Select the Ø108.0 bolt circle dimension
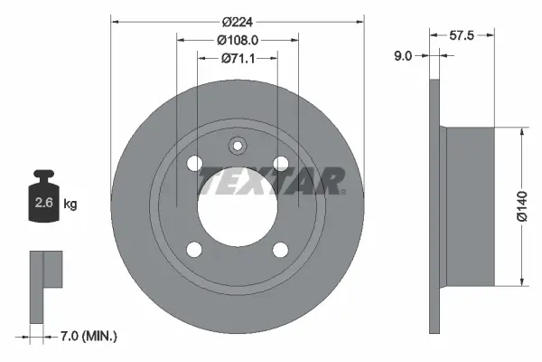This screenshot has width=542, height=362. [238, 41]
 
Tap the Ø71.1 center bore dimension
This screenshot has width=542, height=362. [237, 59]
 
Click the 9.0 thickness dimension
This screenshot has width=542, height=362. [403, 55]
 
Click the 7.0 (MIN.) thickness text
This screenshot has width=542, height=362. [87, 336]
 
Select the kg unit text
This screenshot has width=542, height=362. [70, 205]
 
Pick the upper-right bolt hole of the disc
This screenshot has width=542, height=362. [281, 163]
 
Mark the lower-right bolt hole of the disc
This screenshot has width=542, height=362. [281, 249]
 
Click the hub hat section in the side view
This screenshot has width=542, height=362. [470, 206]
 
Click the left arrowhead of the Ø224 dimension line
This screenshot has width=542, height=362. [115, 23]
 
